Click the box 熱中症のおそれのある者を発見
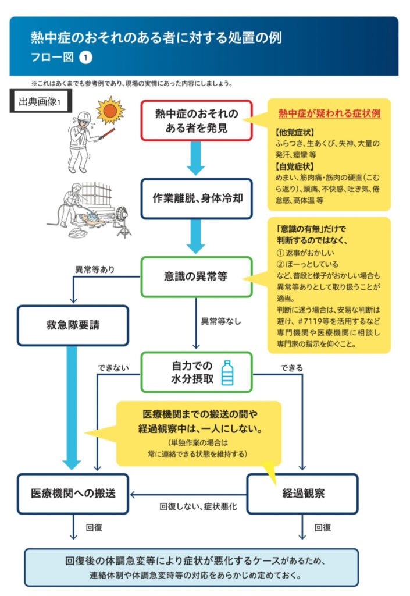coord(197,120)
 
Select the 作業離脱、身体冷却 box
coord(197,197)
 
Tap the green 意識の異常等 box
coord(197,276)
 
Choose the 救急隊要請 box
coord(73,325)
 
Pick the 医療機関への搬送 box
coord(73,494)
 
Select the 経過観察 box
coord(303,494)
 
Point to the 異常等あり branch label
coord(95,270)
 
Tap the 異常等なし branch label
coord(222,321)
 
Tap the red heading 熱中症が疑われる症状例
coord(329,113)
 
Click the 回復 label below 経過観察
coord(323,527)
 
